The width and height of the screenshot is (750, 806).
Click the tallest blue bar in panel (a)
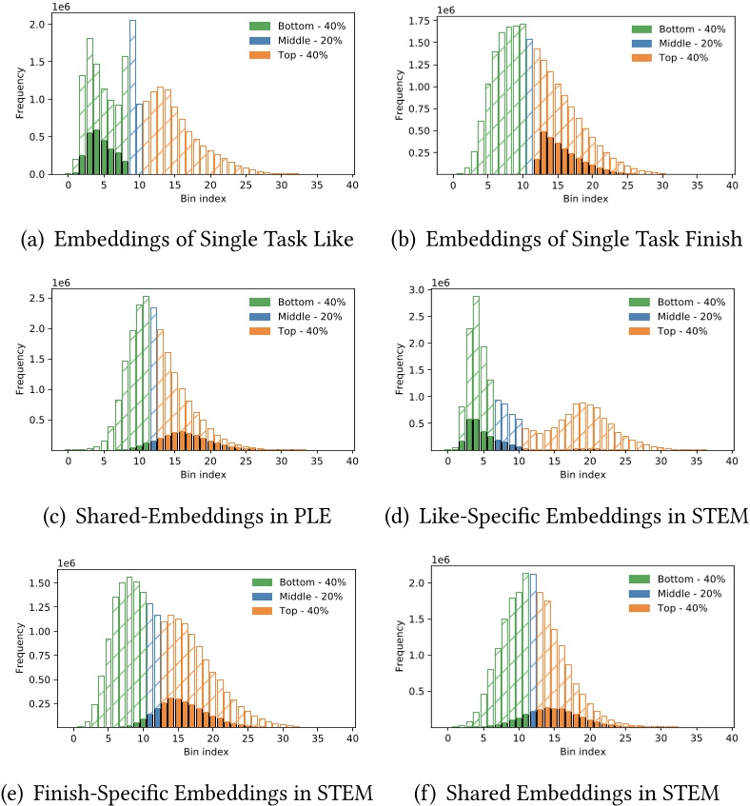click(x=132, y=97)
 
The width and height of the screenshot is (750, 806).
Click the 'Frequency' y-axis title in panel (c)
click(x=20, y=368)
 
